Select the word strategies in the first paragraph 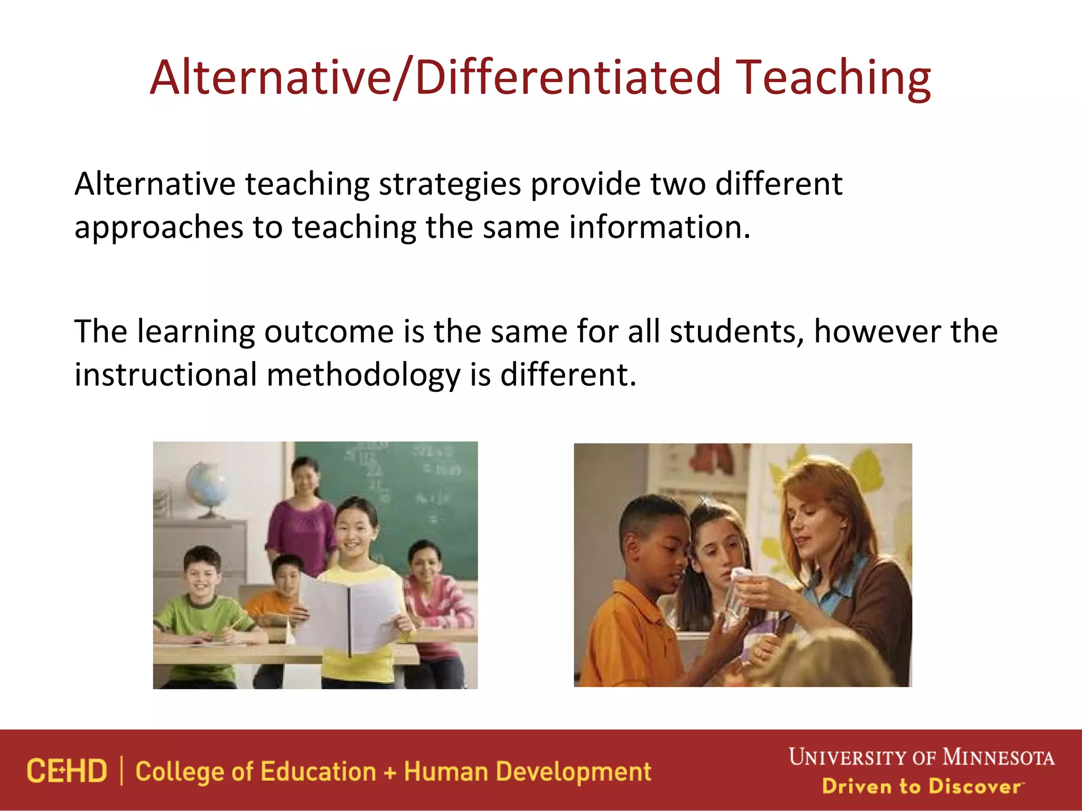tap(450, 185)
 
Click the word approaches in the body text tap(158, 228)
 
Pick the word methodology tap(363, 376)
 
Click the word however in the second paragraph tap(877, 332)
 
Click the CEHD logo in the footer tap(67, 771)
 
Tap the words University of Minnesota tap(921, 757)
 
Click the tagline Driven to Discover tap(921, 786)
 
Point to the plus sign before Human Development tap(390, 773)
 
